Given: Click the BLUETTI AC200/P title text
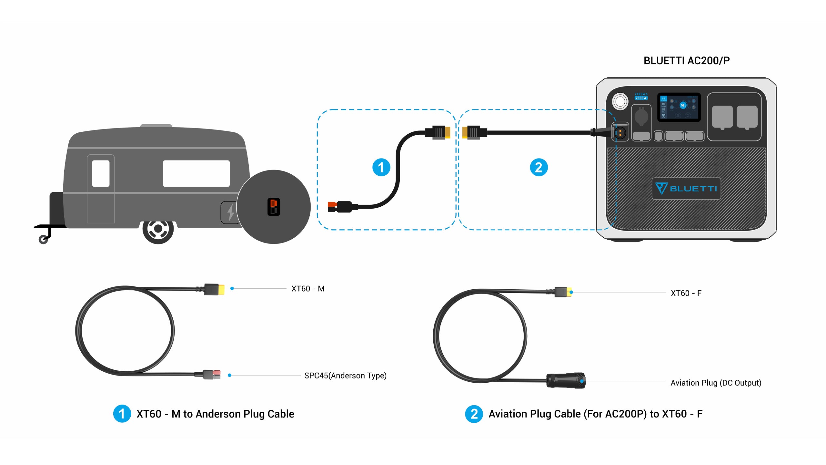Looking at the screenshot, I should point(686,61).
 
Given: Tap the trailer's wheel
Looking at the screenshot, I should point(158,229).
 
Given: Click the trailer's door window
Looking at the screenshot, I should point(101,173).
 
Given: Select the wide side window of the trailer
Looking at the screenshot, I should point(196,173).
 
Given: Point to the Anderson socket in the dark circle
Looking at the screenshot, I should point(274,207).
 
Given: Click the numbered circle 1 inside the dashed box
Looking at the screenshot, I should point(381,167).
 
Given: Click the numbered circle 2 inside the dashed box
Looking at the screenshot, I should point(539,167).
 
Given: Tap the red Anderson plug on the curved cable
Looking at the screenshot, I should point(332,206).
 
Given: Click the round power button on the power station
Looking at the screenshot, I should point(620,101).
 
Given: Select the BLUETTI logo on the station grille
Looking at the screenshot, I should point(686,189).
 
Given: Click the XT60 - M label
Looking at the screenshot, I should point(308,289).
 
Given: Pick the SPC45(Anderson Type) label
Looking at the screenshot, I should point(345,376).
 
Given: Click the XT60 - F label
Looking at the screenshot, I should point(686,293).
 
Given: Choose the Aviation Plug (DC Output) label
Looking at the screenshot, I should point(716,383).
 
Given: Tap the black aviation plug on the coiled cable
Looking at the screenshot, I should point(566,380).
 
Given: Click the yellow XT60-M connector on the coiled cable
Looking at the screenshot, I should point(221,289).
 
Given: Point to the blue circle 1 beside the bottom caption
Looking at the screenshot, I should point(122,414).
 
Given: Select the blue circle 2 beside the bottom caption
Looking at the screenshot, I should point(474,414).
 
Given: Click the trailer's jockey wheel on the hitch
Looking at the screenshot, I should point(43,240).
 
